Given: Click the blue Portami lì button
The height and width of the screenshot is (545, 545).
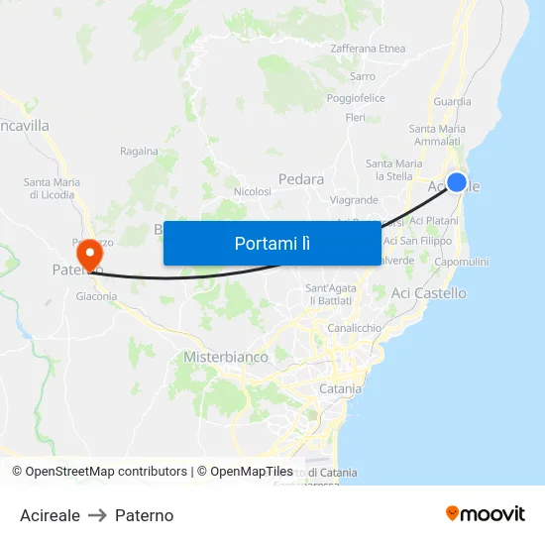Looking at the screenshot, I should pos(272,243).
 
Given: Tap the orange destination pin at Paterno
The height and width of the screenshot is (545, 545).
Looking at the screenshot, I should pos(90,254).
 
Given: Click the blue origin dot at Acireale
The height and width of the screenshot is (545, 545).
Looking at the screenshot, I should pos(457,181).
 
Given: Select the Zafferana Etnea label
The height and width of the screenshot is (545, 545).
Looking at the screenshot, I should pos(368,49).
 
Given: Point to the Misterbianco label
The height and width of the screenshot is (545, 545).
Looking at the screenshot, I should pos(226,357).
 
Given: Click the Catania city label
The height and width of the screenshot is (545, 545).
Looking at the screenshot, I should pos(340,389).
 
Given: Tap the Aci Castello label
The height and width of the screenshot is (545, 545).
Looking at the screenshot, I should pos(428,293).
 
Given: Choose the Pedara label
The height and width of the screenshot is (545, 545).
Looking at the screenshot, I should pos(301,179).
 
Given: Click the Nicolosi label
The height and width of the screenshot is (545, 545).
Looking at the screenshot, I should pos(252,191).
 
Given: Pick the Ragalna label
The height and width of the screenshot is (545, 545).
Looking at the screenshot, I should pos(139,152).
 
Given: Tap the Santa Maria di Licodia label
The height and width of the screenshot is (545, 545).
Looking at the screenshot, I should pos(53,188).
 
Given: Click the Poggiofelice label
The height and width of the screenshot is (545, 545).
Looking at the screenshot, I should pos(356,98).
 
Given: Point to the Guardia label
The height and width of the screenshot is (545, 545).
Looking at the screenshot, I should pos(452,101).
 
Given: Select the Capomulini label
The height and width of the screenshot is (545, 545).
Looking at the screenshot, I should pos(461,262).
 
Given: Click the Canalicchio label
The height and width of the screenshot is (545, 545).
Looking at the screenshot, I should pos(354,328).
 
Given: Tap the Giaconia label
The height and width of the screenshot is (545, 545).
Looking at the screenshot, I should pos(96,295).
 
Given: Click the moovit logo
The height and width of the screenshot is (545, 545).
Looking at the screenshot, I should pos(486,514).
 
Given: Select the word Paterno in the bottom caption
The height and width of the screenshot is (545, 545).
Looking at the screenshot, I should pos(144,515).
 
